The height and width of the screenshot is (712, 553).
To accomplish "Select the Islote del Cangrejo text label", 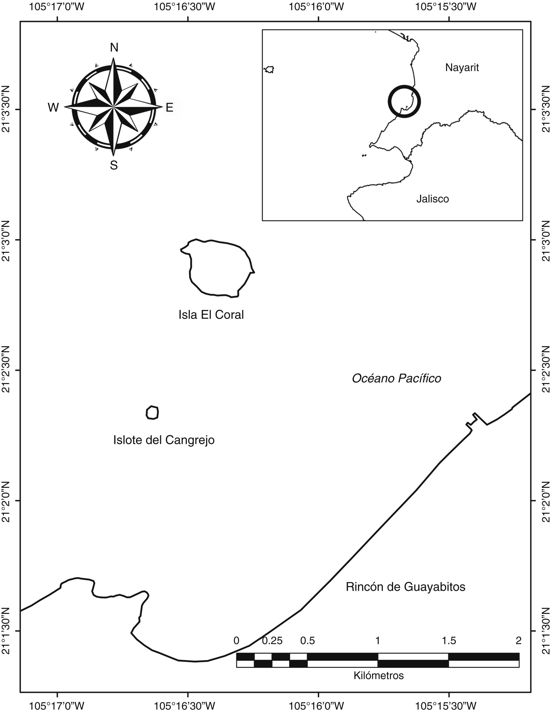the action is [164, 440].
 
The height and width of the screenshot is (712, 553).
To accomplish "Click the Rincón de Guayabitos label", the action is [405, 587].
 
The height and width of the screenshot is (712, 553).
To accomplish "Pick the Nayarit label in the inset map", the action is [462, 68].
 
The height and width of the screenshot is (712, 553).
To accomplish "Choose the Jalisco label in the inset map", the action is [433, 199].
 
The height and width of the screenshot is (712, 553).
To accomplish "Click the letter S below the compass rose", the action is [114, 166].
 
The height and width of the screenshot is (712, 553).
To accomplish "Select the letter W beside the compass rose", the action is [54, 108].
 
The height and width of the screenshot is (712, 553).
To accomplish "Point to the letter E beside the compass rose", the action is [169, 108].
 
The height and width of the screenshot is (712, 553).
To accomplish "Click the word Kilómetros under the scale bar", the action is [378, 675].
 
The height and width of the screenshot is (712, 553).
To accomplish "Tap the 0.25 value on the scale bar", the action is [272, 641].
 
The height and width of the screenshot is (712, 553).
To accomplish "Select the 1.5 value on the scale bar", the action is [449, 641].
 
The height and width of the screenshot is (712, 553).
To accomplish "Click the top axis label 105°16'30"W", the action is [184, 7].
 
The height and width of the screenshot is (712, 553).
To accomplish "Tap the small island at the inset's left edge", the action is [270, 69].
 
